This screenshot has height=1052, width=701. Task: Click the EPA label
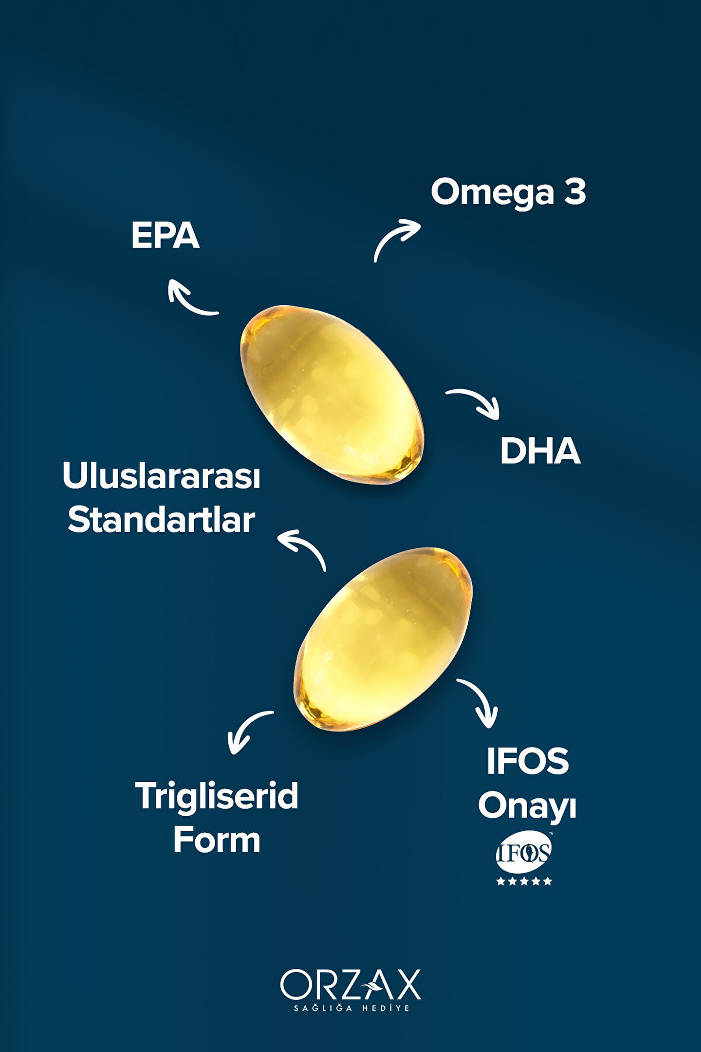165,236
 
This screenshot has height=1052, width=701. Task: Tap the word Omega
492,193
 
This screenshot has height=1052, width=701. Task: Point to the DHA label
540,451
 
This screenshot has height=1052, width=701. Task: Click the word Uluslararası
161,476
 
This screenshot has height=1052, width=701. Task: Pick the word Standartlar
161,520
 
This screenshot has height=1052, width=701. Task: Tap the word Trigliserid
217,796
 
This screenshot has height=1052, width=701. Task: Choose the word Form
217,840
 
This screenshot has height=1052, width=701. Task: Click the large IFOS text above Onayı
527,761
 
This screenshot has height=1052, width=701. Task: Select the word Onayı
527,807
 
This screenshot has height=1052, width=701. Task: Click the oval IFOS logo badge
523,852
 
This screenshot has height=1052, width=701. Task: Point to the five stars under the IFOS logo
524,881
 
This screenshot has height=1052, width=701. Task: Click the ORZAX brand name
350,985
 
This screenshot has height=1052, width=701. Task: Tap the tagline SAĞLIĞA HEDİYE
351,1008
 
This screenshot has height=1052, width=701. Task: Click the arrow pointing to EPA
190,298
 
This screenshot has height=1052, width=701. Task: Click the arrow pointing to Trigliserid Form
247,731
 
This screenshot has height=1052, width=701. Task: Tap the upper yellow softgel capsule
332,394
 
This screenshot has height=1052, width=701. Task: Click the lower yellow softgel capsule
383,639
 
